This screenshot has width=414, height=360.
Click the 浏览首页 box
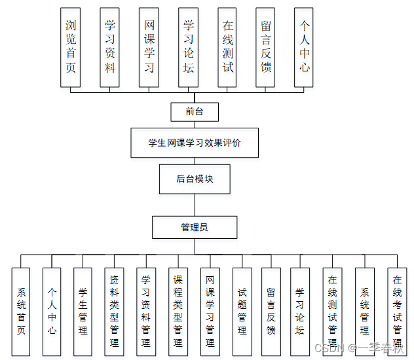coord(71,47)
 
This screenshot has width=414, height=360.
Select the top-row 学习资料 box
coord(110,47)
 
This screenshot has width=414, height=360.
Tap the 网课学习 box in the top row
coord(149,47)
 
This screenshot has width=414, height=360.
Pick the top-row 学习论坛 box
coord(189,47)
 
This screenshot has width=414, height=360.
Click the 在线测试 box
coord(228,47)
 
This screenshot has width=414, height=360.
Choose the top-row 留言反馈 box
coord(266,47)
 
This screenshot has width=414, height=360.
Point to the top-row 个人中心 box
coord(305,47)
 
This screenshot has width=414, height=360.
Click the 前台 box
coord(195,112)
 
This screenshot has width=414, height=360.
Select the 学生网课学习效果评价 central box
coord(195,143)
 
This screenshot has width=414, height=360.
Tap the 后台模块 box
coord(195,179)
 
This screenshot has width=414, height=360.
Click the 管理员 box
coord(195,227)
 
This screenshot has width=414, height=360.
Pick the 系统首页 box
coord(21,312)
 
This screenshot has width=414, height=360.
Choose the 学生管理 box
coord(83,312)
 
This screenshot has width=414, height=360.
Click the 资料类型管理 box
coord(115,312)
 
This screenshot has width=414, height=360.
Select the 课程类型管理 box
coord(178,312)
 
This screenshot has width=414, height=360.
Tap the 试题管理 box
coord(242,312)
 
